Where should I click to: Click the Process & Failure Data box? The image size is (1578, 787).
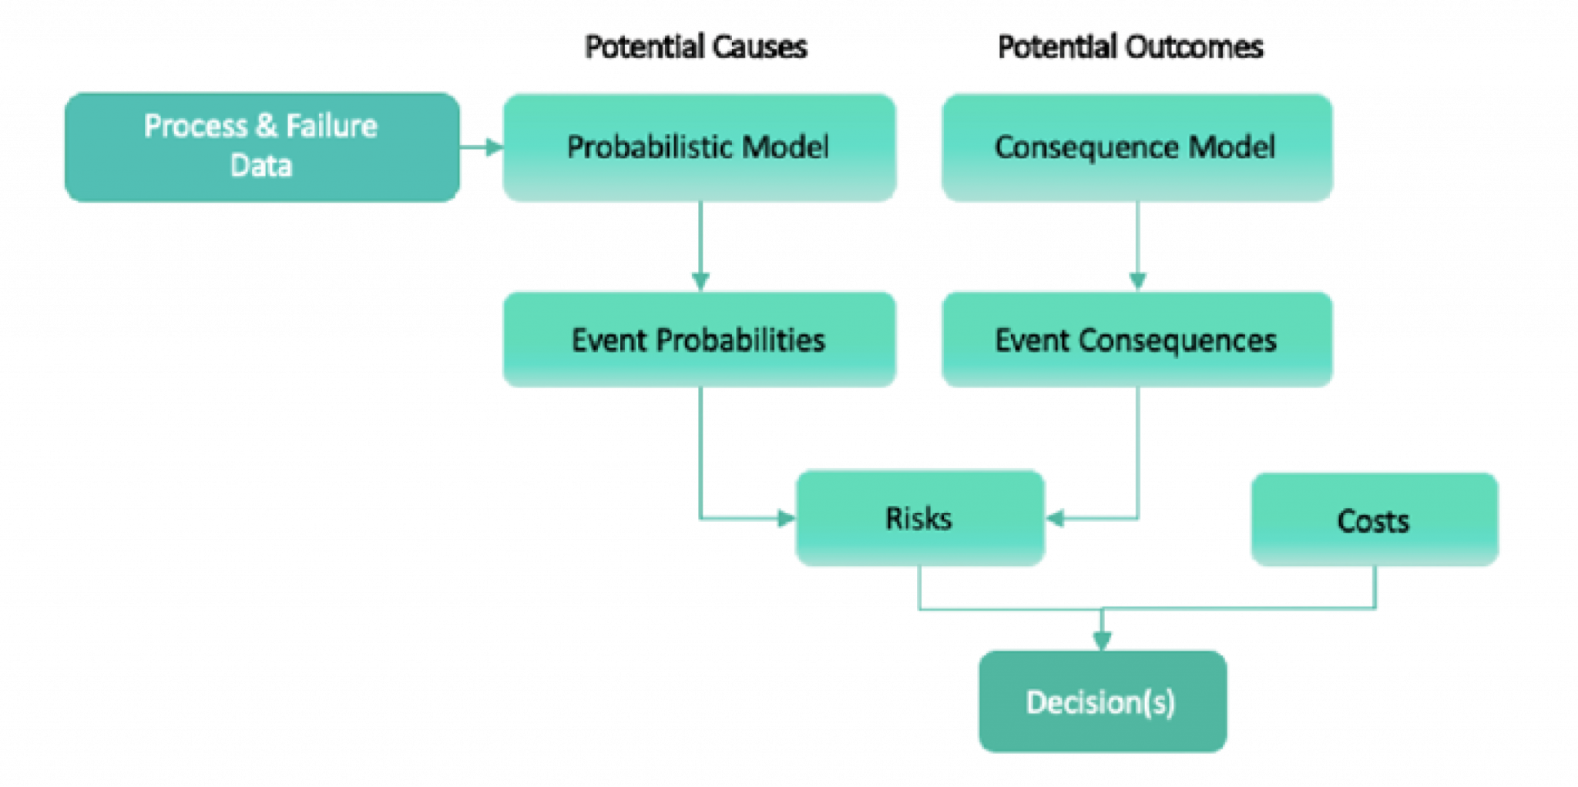click(262, 147)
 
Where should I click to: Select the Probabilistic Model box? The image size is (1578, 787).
click(700, 147)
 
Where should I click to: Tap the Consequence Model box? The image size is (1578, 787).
click(1137, 147)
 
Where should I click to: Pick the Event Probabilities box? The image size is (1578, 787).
click(700, 339)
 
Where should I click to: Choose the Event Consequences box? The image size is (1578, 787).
click(1137, 339)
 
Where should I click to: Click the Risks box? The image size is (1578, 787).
click(920, 518)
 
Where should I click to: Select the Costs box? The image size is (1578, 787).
click(1375, 520)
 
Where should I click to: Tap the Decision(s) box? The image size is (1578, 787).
click(1103, 702)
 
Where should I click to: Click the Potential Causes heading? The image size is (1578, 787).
click(696, 47)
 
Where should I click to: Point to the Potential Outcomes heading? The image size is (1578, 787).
click(1130, 47)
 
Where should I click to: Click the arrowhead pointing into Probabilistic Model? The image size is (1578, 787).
click(494, 146)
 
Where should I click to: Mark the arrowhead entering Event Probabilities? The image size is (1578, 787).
click(700, 281)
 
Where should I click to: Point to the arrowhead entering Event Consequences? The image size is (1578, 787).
click(1138, 281)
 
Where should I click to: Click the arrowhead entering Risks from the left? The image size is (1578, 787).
click(786, 518)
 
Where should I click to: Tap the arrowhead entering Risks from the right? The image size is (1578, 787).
click(1055, 518)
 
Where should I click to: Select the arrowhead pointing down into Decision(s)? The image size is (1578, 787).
click(1103, 641)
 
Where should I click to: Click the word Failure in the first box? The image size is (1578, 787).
click(331, 126)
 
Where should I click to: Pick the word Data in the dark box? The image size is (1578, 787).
click(261, 166)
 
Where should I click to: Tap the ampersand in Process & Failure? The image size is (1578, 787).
click(266, 126)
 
